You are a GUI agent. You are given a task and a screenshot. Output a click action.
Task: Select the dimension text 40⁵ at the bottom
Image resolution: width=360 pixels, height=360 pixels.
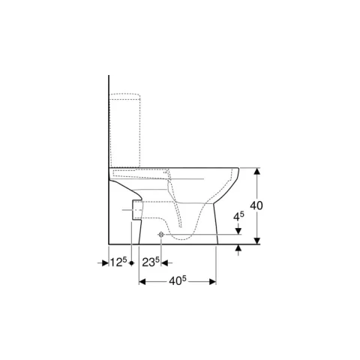pos(178,282)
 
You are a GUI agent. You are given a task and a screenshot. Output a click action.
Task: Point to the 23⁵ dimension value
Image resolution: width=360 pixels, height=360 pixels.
pos(150,262)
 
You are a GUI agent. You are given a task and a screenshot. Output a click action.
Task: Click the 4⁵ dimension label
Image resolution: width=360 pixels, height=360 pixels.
pos(238,217)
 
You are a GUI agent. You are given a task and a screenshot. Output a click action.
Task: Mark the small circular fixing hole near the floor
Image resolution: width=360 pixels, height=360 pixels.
pos(160,235)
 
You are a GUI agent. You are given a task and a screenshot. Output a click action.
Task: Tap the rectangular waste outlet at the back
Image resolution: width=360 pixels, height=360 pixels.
pos(135,211)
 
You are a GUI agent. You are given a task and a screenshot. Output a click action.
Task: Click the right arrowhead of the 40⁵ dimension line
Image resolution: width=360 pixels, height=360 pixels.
pos(212,282)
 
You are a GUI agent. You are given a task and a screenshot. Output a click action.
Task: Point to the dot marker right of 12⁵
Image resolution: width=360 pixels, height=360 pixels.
pos(132,263)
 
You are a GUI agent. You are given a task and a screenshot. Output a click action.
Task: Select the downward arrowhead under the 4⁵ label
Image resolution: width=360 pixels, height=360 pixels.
pos(238,231)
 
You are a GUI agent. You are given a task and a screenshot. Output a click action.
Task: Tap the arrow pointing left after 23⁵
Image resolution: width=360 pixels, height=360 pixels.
pos(166,263)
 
